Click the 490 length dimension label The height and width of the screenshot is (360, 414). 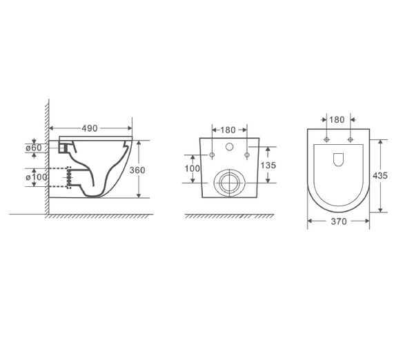(90, 128)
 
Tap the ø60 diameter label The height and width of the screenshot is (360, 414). (34, 148)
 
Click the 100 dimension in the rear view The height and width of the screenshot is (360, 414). (193, 168)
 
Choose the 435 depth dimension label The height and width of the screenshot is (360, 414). (380, 175)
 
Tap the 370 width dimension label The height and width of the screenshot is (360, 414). (338, 221)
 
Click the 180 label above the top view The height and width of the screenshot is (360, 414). (337, 119)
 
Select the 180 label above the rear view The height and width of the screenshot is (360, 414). (228, 129)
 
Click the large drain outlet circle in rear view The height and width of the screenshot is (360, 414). (228, 183)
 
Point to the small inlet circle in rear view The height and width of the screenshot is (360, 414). (228, 148)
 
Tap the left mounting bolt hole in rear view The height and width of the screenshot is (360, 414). (212, 154)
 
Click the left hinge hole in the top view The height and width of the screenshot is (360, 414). (325, 141)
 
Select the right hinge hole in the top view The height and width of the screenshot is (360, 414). (351, 141)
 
